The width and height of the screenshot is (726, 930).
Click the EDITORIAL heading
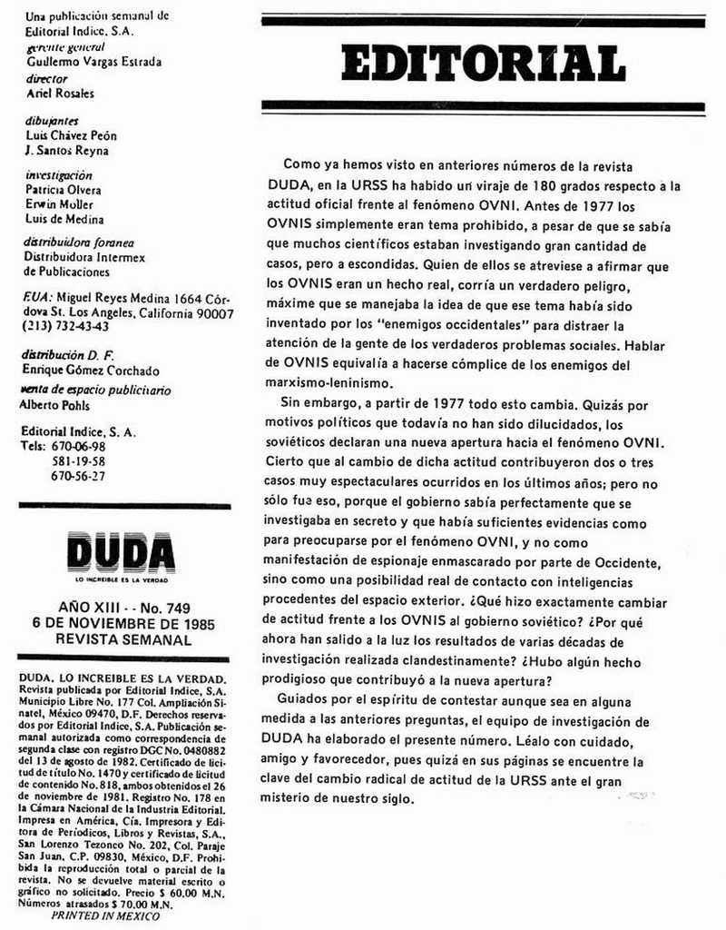(x=484, y=63)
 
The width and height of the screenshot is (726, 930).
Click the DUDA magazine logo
(x=121, y=552)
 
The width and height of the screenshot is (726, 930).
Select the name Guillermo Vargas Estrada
(x=94, y=63)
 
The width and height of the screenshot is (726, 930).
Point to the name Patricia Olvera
(x=63, y=191)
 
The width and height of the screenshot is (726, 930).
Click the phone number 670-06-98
(x=78, y=447)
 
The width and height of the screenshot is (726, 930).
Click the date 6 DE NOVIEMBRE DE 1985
(x=123, y=623)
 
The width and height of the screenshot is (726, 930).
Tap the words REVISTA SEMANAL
(x=123, y=639)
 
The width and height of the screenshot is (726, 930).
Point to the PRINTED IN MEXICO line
(x=105, y=916)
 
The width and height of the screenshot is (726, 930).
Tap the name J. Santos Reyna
(x=67, y=152)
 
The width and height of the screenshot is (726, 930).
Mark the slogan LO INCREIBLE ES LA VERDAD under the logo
(x=122, y=579)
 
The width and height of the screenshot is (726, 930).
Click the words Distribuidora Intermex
(x=84, y=257)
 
